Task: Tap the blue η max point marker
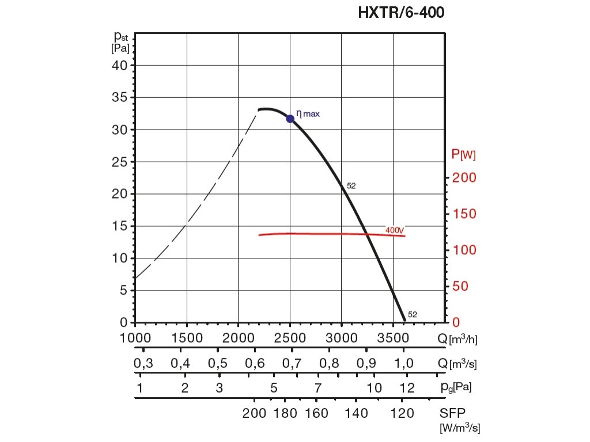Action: tap(290, 119)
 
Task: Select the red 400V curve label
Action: tap(395, 230)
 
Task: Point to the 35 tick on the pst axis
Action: tap(119, 97)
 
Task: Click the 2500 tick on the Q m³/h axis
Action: tap(290, 337)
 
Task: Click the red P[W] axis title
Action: tap(463, 154)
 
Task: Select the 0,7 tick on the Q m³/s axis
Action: tap(292, 364)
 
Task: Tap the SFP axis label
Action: tap(452, 413)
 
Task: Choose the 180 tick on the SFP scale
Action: tap(285, 413)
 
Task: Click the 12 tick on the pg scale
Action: tap(407, 387)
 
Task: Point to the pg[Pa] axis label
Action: tap(455, 387)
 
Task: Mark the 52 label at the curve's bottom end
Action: tap(413, 315)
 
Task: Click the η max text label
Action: tap(308, 114)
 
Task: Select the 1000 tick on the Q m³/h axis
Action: tap(136, 337)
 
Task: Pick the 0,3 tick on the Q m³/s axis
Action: tap(143, 364)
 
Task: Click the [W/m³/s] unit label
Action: tap(460, 428)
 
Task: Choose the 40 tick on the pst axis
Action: tap(119, 65)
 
